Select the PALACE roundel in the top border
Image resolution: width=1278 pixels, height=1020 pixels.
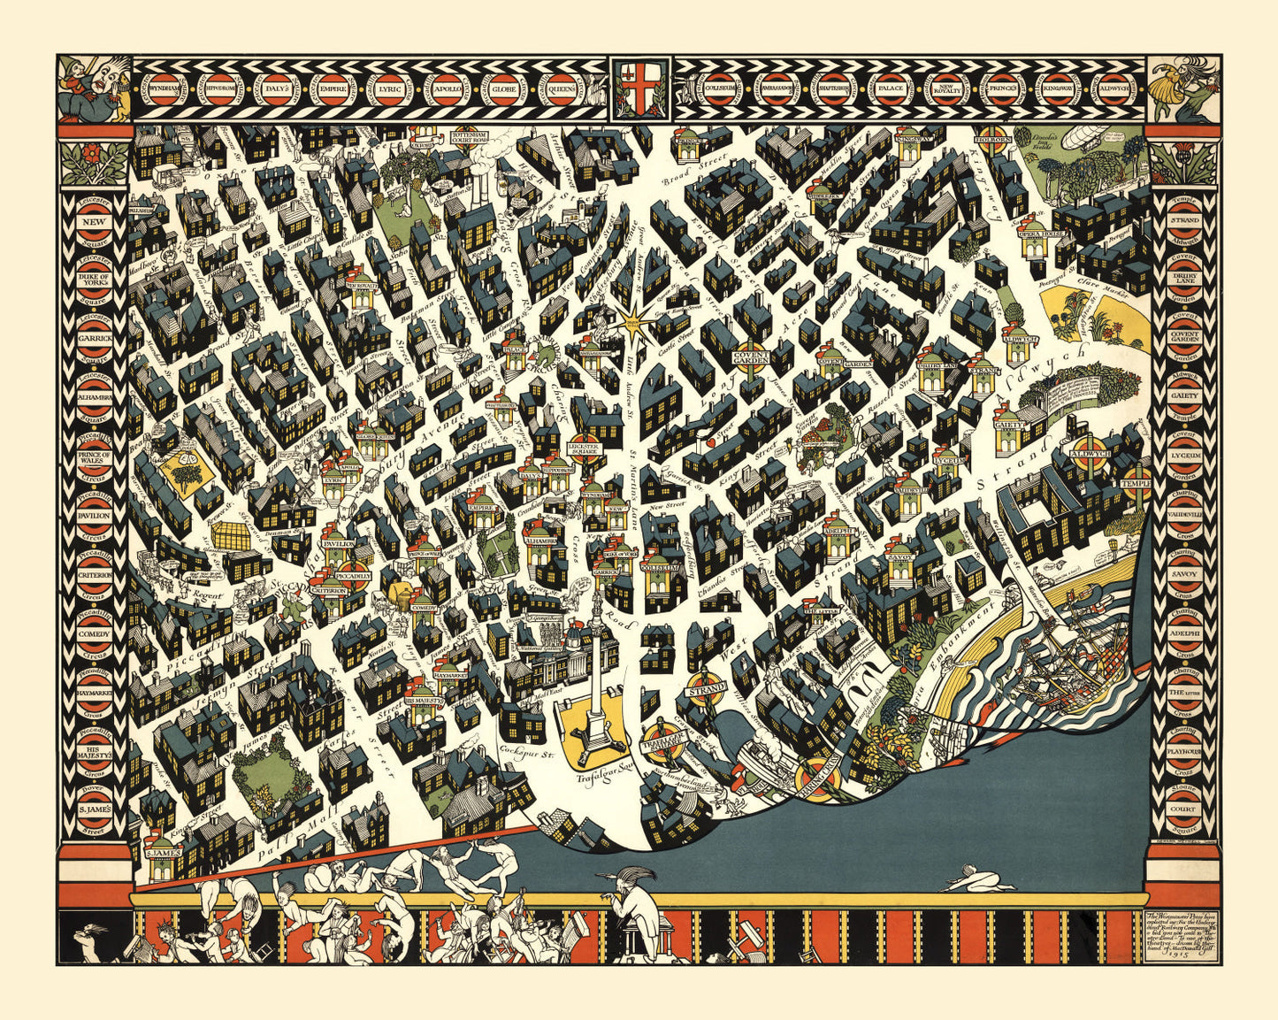[x=885, y=89]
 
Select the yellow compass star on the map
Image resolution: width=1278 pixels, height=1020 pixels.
[x=632, y=321]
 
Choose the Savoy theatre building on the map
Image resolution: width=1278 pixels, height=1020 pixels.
[x=899, y=565]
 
